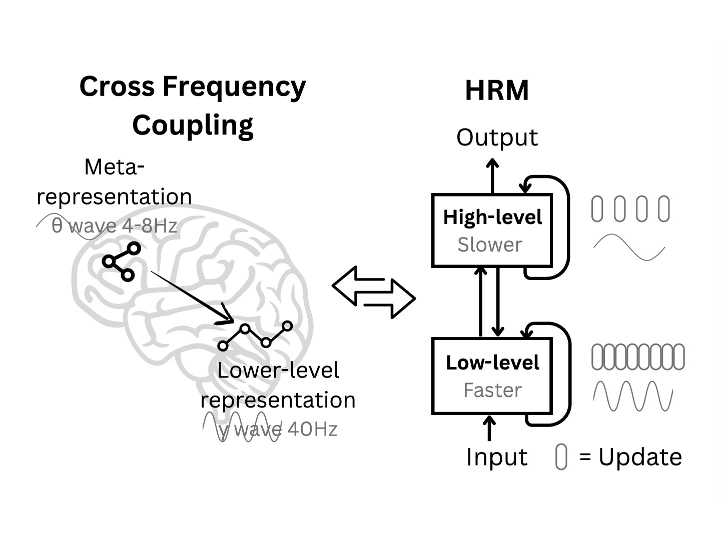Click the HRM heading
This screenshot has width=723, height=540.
pos(496,91)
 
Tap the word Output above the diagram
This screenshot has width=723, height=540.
pos(497,137)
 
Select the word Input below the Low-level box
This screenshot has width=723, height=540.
pos(496,457)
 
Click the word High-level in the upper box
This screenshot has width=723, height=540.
pos(492,217)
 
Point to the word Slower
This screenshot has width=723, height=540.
pos(489,245)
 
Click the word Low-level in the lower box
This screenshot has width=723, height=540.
pos(492,363)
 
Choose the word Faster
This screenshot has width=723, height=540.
pos(492,390)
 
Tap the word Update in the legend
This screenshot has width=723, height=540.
pos(640,457)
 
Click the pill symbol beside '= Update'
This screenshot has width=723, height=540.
pos(561,457)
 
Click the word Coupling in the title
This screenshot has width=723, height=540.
pos(193,125)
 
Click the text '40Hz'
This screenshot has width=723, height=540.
pos(313,429)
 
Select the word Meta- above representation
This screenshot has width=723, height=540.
pos(114,167)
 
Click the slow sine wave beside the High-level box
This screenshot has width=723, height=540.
pos(629,247)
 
